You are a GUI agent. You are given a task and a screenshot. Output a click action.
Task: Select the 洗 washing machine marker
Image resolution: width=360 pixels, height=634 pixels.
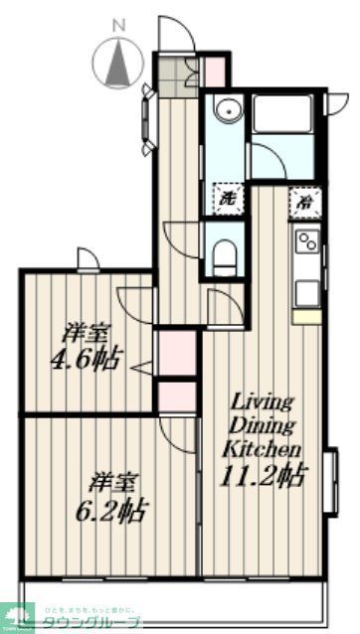point(228,197)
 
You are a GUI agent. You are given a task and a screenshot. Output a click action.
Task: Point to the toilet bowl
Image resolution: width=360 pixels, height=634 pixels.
point(225,252)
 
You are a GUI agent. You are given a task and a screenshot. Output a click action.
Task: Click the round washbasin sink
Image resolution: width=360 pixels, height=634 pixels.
point(228,111)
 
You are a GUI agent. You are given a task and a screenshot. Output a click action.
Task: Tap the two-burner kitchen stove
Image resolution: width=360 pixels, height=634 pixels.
point(305,240)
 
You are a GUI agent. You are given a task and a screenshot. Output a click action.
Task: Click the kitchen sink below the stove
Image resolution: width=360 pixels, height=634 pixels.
point(306,290)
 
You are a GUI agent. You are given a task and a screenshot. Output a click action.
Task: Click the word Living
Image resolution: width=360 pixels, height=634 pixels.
point(262,403)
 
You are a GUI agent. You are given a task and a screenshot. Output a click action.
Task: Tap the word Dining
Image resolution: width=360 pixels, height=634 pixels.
point(262,425)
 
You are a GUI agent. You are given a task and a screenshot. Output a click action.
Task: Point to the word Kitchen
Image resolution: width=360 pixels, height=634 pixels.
point(262,449)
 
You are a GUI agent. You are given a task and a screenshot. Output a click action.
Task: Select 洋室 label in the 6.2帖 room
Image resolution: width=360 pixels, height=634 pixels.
point(110,484)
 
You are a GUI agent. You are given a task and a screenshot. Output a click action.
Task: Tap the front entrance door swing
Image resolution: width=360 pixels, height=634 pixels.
point(176,35)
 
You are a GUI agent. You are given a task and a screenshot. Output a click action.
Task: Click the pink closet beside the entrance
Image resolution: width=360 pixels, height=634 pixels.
point(213,71)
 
